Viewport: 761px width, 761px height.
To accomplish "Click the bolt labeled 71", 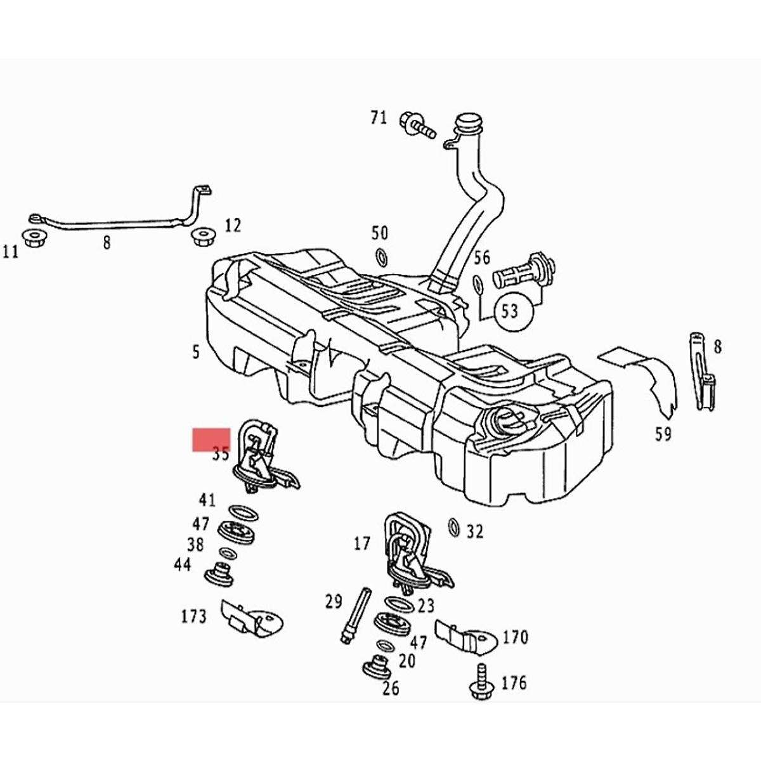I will [x=417, y=124].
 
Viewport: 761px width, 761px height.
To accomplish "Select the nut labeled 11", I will [x=31, y=238].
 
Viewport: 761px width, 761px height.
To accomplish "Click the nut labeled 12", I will [x=202, y=238].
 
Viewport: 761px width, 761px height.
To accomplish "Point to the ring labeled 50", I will [x=382, y=257].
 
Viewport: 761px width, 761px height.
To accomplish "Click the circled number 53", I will [x=511, y=310].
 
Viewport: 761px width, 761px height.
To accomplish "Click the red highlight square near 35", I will [x=211, y=439].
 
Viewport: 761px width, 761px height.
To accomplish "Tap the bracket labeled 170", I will [x=464, y=636].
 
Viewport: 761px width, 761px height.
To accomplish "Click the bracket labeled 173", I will [x=250, y=618].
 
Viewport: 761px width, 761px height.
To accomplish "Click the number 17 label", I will [x=361, y=543].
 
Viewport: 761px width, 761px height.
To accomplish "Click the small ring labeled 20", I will [x=384, y=646].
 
